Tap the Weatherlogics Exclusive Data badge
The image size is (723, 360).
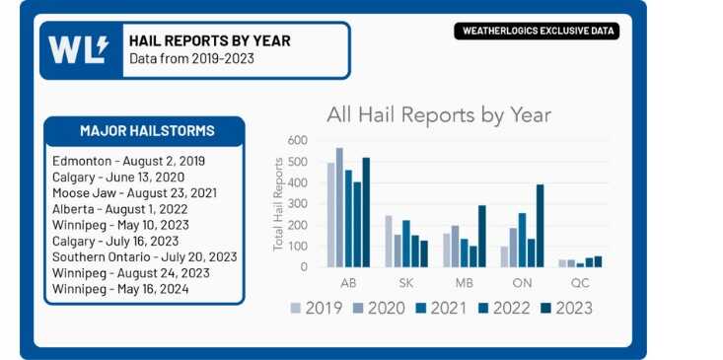pos(537,31)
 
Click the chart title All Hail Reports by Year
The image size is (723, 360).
pos(439,114)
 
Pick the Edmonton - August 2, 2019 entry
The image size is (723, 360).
pos(128,161)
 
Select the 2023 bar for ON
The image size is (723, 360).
pos(540,225)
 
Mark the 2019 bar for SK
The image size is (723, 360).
pos(388,241)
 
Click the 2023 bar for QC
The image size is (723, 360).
pos(598,261)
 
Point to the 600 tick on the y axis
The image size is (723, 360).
pos(296,140)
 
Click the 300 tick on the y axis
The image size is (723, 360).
pos(296,203)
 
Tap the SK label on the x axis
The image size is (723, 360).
pos(405,281)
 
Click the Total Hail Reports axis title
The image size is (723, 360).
pos(278,203)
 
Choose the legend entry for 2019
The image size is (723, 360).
pos(316,308)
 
